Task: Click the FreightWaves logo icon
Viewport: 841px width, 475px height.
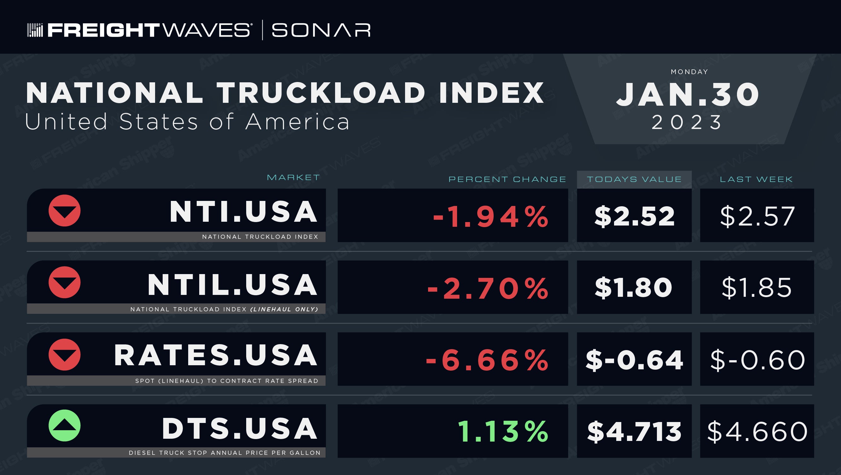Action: [35, 30]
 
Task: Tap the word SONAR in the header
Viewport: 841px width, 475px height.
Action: [321, 30]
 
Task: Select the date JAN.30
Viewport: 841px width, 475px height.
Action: [688, 94]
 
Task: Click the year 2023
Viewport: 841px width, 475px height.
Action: [687, 122]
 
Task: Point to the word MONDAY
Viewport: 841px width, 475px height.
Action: [689, 72]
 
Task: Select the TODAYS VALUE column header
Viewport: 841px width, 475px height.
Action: [634, 179]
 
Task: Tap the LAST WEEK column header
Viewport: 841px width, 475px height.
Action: [756, 179]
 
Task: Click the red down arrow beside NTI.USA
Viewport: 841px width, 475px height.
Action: [65, 211]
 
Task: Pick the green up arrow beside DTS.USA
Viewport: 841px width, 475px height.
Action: [65, 426]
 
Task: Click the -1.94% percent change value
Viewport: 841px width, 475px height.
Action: [491, 216]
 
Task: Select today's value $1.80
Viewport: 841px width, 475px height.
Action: [633, 288]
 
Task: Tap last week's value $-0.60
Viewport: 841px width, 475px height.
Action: [757, 360]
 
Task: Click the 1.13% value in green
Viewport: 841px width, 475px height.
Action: [503, 431]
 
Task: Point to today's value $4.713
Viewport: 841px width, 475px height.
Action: [634, 431]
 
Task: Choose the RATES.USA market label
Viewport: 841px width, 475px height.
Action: [216, 355]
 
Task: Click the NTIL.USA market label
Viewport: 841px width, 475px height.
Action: [232, 284]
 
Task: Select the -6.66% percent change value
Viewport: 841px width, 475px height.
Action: [487, 360]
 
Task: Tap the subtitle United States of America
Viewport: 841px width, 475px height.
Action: [187, 121]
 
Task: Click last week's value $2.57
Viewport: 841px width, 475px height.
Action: [757, 216]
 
